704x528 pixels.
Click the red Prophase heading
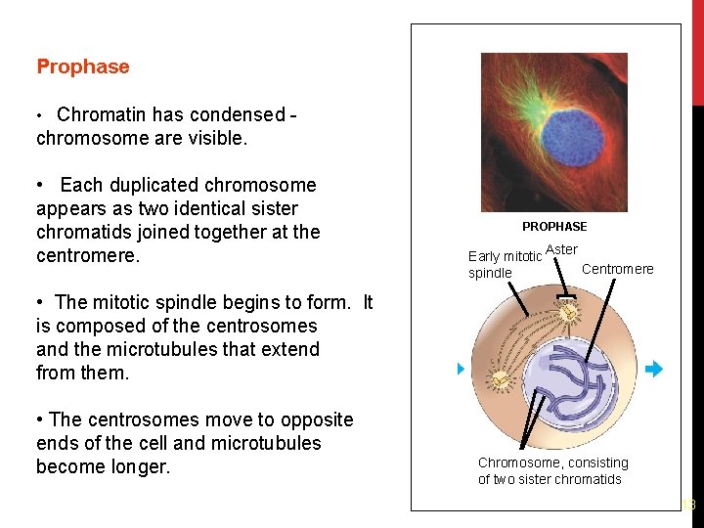83,66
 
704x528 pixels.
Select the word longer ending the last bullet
139,466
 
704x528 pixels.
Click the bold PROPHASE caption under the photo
554,227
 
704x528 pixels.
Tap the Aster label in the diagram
561,250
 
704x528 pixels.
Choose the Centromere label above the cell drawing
618,269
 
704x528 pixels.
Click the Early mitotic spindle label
505,265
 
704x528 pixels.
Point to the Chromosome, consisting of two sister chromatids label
552,470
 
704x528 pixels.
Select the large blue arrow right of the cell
654,370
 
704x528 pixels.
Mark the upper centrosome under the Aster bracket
565,313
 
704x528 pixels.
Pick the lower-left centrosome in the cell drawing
500,378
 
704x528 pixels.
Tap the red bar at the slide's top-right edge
697,49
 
